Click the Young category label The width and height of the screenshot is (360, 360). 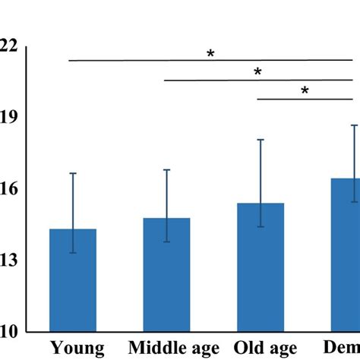pyautogui.click(x=77, y=349)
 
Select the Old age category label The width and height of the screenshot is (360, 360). pyautogui.click(x=267, y=349)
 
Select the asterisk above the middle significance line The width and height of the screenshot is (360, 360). pyautogui.click(x=257, y=73)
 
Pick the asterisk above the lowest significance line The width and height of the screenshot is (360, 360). pyautogui.click(x=305, y=91)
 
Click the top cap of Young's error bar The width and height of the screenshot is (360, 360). pyautogui.click(x=73, y=173)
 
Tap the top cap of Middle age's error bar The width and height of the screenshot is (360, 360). pyautogui.click(x=166, y=170)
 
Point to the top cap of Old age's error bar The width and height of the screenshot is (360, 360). pyautogui.click(x=261, y=140)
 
